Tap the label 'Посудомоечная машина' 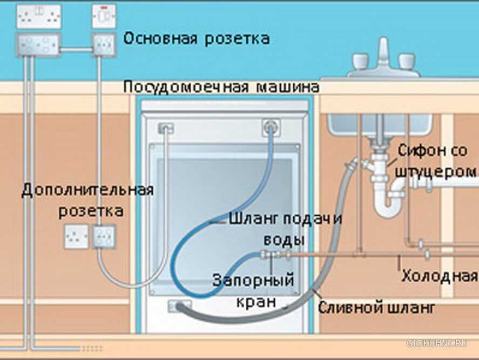[x=221, y=86]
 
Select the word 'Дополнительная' [x=87, y=190]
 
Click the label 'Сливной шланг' [x=376, y=308]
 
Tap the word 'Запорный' [x=253, y=280]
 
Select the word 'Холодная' [x=439, y=276]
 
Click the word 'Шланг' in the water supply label [x=253, y=219]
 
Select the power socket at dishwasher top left [x=165, y=128]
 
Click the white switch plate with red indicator [x=104, y=17]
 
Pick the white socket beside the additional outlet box [x=76, y=237]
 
